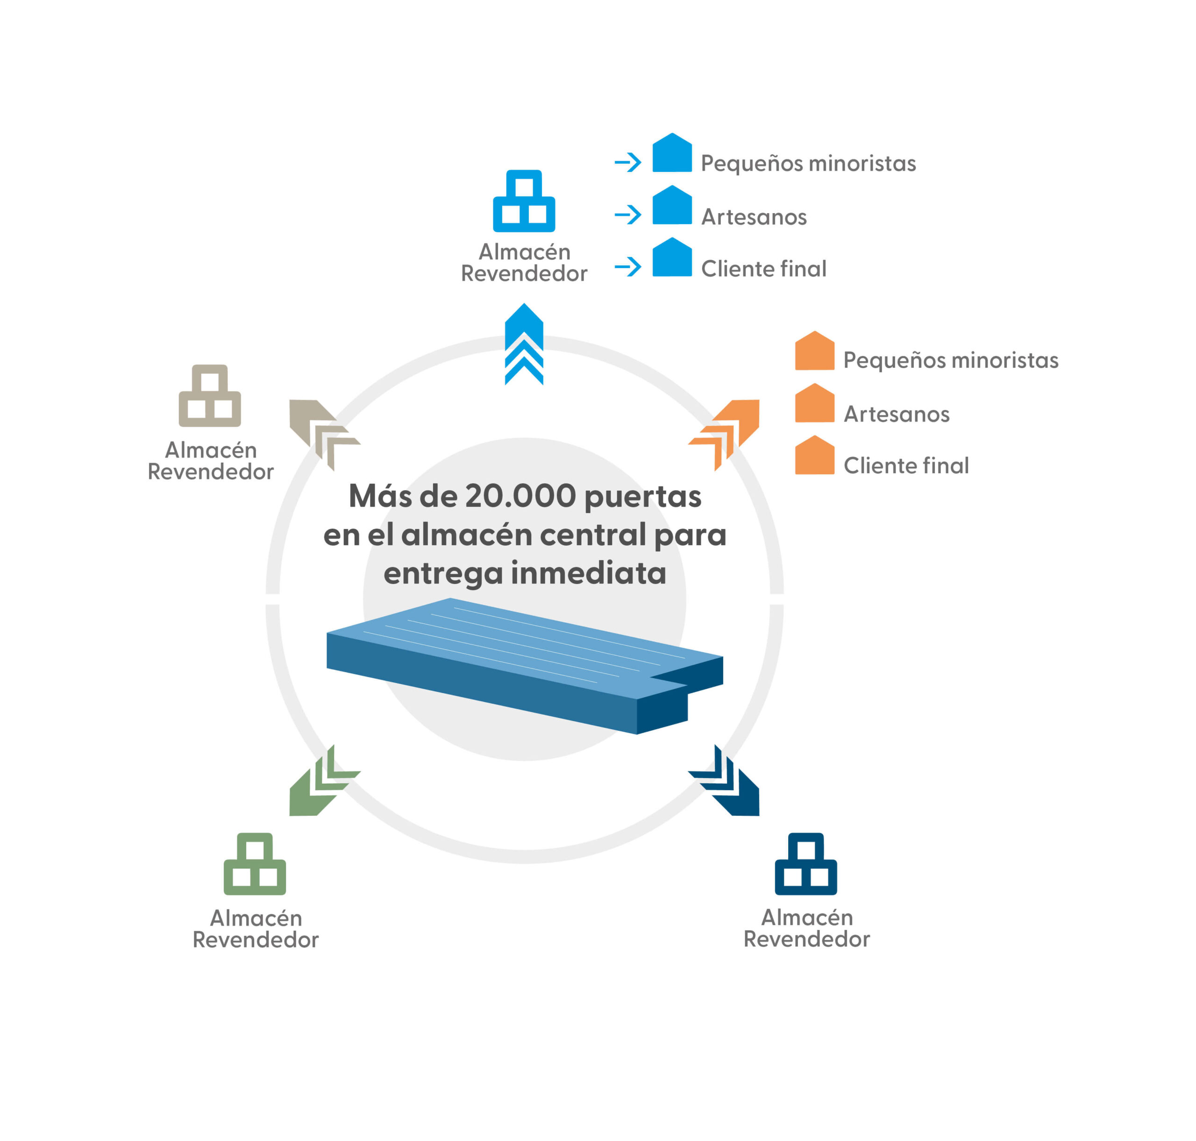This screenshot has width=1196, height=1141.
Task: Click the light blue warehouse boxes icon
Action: (x=524, y=201)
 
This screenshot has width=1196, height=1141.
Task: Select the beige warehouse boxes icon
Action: (x=210, y=395)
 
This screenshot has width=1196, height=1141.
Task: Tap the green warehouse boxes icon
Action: (x=255, y=863)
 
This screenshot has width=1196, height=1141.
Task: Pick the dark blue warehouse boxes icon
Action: (x=805, y=863)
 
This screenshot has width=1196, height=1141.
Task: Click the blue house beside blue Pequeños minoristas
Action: (x=672, y=153)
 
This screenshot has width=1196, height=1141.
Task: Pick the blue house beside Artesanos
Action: (x=672, y=205)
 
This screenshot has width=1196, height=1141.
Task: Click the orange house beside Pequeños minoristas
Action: (x=814, y=350)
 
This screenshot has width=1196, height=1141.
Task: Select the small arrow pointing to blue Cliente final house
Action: (x=628, y=266)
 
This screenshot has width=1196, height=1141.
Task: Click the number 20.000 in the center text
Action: (x=520, y=496)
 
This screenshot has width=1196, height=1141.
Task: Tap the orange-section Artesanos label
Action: (x=896, y=414)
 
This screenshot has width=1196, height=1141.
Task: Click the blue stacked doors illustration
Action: (x=525, y=665)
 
